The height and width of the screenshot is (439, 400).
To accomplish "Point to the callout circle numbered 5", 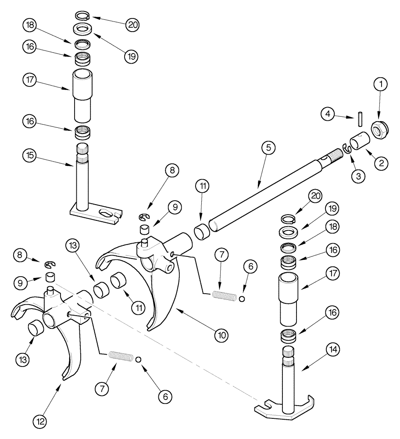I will point(269,148).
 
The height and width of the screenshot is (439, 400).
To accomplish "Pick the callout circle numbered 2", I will point(381,163).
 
